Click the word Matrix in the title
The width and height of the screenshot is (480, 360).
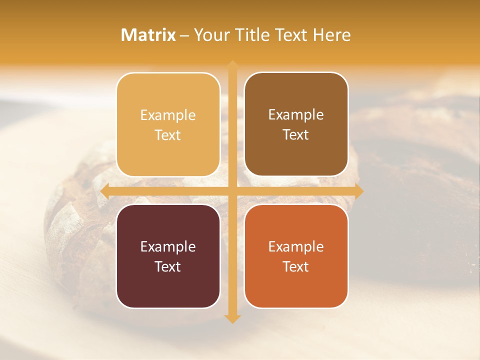[x=148, y=35]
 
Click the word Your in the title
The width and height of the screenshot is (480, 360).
[x=210, y=35]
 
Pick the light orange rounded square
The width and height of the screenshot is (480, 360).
[x=168, y=124]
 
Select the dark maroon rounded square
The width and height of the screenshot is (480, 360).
[x=168, y=256]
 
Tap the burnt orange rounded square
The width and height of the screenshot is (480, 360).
[x=296, y=256]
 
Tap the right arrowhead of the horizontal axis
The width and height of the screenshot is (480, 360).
[x=359, y=191]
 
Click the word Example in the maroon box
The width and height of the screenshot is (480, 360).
[x=168, y=246]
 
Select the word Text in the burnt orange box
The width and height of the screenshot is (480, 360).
[x=296, y=266]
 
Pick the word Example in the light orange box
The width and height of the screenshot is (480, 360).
[x=168, y=115]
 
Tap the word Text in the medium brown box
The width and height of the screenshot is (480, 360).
[x=296, y=134]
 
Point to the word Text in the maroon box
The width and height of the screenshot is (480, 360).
[x=168, y=266]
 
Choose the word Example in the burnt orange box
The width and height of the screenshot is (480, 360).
[x=296, y=246]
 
